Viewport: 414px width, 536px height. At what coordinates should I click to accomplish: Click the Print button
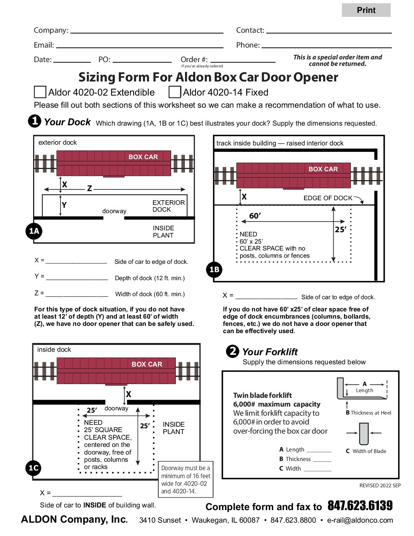coord(366,10)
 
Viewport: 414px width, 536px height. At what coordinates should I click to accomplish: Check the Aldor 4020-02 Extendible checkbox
coord(40,92)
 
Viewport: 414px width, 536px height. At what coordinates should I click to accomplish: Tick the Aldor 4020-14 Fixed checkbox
coord(175,92)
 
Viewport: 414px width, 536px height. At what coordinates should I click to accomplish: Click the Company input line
coord(146,30)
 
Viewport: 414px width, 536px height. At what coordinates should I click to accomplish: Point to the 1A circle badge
coord(34,231)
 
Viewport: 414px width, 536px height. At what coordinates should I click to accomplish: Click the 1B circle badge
coord(214,270)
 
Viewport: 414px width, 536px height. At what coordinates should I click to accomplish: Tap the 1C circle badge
coord(33,468)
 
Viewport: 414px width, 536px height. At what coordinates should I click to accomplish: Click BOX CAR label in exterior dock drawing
coord(143,157)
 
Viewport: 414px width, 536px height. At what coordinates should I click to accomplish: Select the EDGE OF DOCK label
coord(328,198)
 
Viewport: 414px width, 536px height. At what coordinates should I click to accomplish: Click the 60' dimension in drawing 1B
coord(255,216)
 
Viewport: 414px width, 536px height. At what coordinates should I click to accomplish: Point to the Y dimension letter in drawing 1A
coord(64,205)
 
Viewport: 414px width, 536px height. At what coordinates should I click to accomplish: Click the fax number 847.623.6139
coord(360,506)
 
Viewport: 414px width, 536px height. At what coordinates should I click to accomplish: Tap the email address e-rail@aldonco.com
coord(360,520)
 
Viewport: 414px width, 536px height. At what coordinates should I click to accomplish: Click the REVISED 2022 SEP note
coord(380,485)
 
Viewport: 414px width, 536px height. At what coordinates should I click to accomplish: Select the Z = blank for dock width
coord(77,294)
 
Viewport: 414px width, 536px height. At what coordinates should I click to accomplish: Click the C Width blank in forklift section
coord(317,468)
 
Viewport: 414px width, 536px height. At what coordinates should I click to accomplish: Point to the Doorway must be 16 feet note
coord(186,479)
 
